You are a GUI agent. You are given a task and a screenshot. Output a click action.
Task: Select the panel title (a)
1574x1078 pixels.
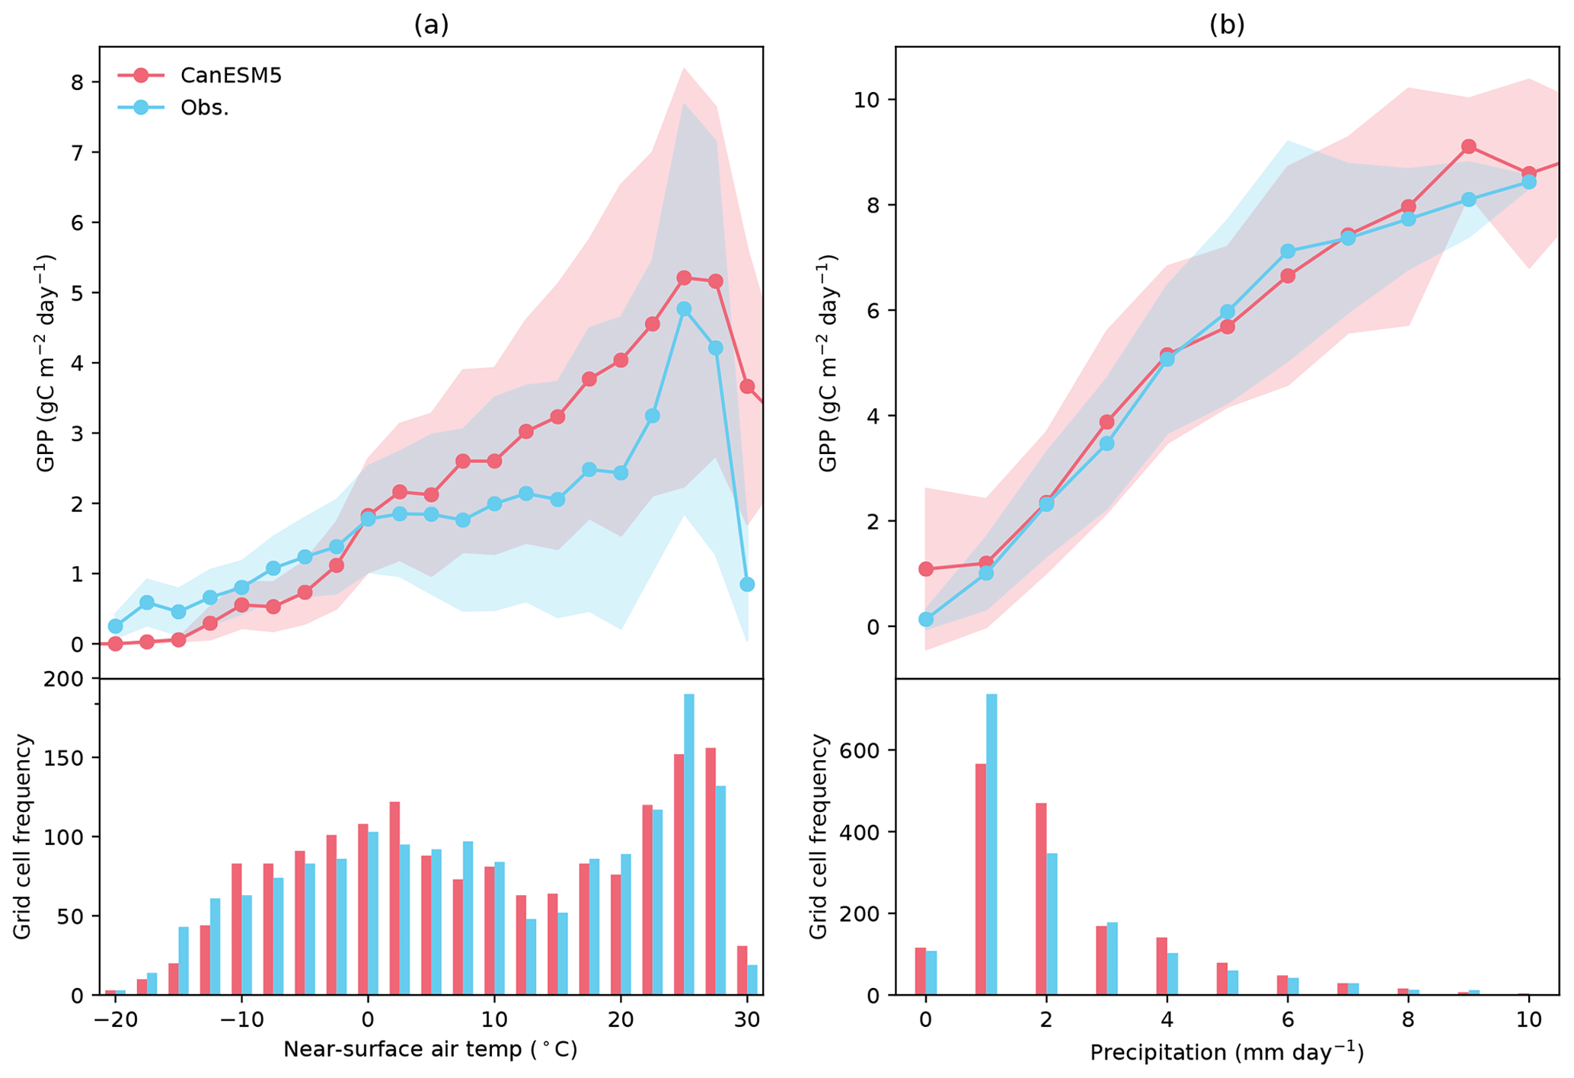point(431,24)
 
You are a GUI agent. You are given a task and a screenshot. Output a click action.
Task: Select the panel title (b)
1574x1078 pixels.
point(1227,24)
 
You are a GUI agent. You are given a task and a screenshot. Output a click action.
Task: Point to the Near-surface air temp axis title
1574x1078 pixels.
point(430,1050)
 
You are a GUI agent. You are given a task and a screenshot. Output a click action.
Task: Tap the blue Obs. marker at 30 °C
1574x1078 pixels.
point(747,584)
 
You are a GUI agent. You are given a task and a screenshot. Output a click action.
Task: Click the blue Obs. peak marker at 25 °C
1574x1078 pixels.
point(684,309)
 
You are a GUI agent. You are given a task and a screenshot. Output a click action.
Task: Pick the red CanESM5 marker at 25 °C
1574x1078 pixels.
point(684,278)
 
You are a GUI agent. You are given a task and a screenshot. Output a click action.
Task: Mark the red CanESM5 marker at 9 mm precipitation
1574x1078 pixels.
point(1469,147)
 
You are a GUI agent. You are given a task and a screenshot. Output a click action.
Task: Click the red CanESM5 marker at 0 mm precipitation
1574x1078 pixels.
point(926,569)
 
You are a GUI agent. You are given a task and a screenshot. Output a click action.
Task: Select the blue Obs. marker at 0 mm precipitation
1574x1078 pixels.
point(926,619)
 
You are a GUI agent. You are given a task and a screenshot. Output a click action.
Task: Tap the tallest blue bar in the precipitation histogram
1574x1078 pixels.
point(991,844)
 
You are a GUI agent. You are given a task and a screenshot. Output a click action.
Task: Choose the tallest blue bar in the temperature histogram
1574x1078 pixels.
point(689,844)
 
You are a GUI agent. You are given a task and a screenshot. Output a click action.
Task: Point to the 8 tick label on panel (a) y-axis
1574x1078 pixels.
point(76,82)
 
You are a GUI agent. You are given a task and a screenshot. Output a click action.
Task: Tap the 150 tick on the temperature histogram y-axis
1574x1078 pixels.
point(70,758)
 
